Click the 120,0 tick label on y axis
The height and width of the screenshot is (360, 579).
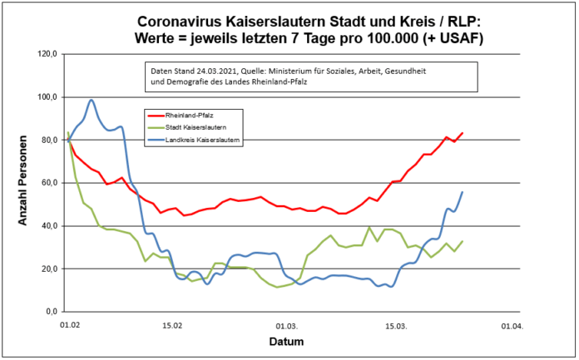47,54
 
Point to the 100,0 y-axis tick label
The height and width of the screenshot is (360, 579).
47,97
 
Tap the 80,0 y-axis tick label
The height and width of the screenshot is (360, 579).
48,140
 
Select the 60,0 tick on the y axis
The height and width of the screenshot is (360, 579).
48,183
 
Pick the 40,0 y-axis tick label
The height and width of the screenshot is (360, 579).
48,225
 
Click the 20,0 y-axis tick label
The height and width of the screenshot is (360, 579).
48,269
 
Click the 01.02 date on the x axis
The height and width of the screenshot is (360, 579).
69,326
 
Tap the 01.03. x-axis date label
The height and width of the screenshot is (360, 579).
287,326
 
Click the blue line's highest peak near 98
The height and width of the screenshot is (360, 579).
92,100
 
